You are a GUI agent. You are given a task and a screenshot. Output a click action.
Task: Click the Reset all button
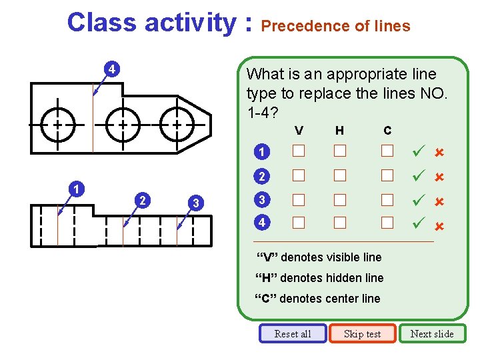293,333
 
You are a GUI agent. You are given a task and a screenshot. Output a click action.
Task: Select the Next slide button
432,333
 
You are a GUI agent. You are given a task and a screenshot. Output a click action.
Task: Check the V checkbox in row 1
298,151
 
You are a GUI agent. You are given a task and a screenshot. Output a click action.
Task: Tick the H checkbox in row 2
340,175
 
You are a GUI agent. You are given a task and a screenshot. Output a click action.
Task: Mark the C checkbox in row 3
387,199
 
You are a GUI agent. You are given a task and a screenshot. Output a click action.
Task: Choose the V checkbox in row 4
298,221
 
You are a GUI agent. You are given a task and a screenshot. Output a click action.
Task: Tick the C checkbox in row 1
387,151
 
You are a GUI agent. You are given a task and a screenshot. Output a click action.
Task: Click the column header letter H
339,130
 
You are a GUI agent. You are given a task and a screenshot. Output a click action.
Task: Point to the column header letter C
387,130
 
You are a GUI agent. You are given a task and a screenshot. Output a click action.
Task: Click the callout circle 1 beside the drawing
78,189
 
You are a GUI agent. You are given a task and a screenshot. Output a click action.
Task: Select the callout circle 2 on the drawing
141,200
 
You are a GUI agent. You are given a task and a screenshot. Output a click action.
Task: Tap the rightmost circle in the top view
177,124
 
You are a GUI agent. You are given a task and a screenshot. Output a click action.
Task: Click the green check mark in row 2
419,176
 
